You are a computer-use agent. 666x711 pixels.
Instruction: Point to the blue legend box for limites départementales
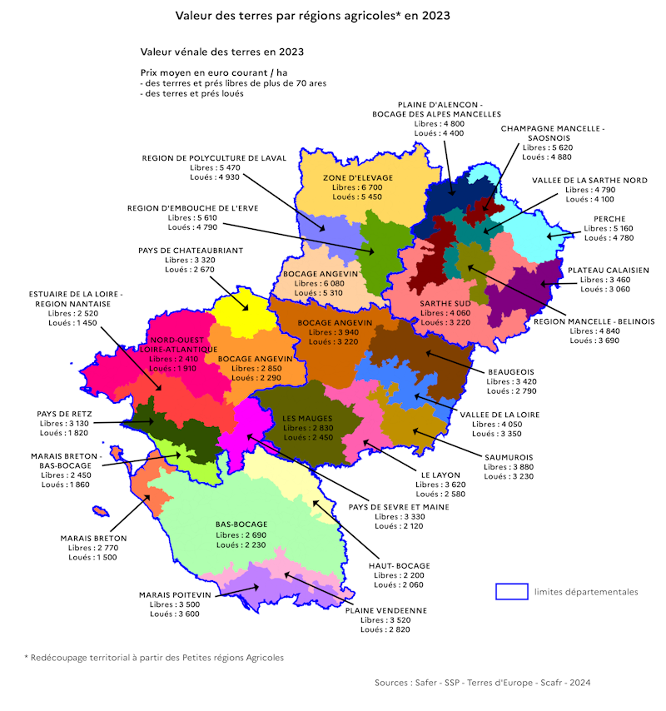click(512, 591)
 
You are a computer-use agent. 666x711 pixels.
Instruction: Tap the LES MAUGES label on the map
click(307, 418)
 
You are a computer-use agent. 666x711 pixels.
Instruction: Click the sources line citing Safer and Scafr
click(482, 683)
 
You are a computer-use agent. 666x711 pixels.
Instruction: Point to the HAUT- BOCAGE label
click(400, 565)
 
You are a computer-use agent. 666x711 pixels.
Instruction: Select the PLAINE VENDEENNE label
click(386, 610)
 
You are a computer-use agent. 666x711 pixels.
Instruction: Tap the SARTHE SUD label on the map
click(445, 303)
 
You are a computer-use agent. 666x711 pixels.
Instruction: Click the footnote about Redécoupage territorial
click(154, 657)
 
